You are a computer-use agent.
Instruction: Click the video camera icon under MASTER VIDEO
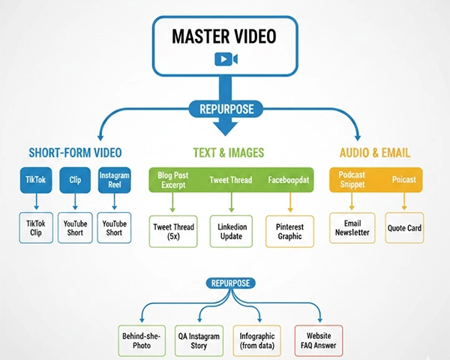pos(225,59)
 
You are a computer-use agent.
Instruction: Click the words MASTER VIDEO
pos(226,36)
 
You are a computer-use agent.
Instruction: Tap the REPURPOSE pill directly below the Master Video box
pos(226,109)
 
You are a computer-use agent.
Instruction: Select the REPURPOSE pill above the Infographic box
pos(231,283)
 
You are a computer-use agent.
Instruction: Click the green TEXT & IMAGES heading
pos(226,153)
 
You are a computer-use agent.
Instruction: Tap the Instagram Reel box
pos(115,181)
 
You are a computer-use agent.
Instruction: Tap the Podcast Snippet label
pos(352,181)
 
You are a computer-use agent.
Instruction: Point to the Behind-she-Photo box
pos(142,340)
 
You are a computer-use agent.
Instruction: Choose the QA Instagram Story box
pos(198,340)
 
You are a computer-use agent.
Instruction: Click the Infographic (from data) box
pos(257,340)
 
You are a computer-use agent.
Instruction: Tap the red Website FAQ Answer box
pos(318,340)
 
